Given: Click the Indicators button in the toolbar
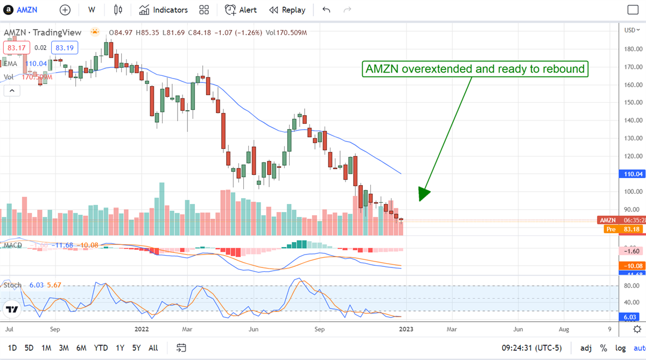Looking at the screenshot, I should point(163,10).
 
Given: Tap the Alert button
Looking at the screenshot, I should point(241,10).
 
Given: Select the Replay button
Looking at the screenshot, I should point(287,10).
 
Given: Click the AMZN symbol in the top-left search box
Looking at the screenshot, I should point(27,10).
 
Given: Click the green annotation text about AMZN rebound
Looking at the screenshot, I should point(474,69).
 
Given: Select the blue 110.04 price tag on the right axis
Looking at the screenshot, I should point(632,174).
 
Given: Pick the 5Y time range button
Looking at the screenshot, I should point(136,348).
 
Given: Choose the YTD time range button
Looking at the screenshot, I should point(101,348).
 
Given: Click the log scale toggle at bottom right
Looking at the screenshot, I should point(621,348).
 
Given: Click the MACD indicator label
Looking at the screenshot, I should point(12,245).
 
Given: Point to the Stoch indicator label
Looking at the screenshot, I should point(12,285).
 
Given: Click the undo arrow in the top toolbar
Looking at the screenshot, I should point(326,10).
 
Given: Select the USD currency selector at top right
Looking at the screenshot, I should point(631,30).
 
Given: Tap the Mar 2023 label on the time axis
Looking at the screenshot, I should point(452,328).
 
